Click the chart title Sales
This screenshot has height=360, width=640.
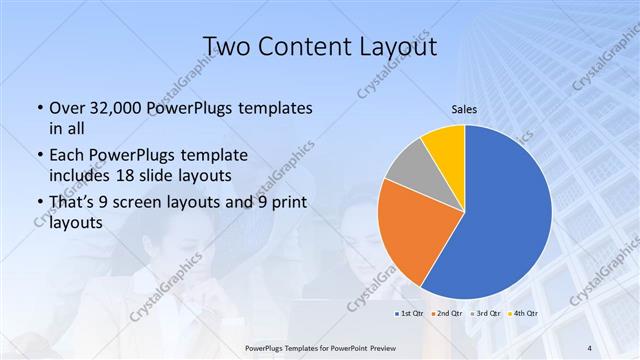(x=464, y=109)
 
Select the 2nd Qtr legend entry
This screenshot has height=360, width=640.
(x=446, y=314)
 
